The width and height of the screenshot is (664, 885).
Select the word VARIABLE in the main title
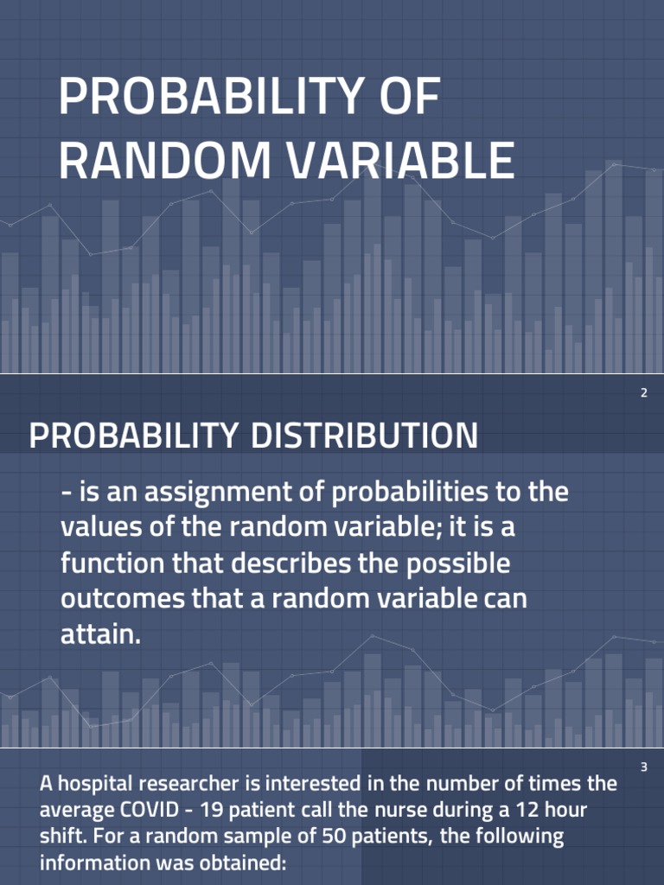tap(401, 161)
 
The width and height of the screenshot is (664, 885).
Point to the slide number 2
tap(643, 394)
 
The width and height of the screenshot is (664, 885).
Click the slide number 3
tap(643, 767)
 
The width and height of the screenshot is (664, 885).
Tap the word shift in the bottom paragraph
tap(61, 837)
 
